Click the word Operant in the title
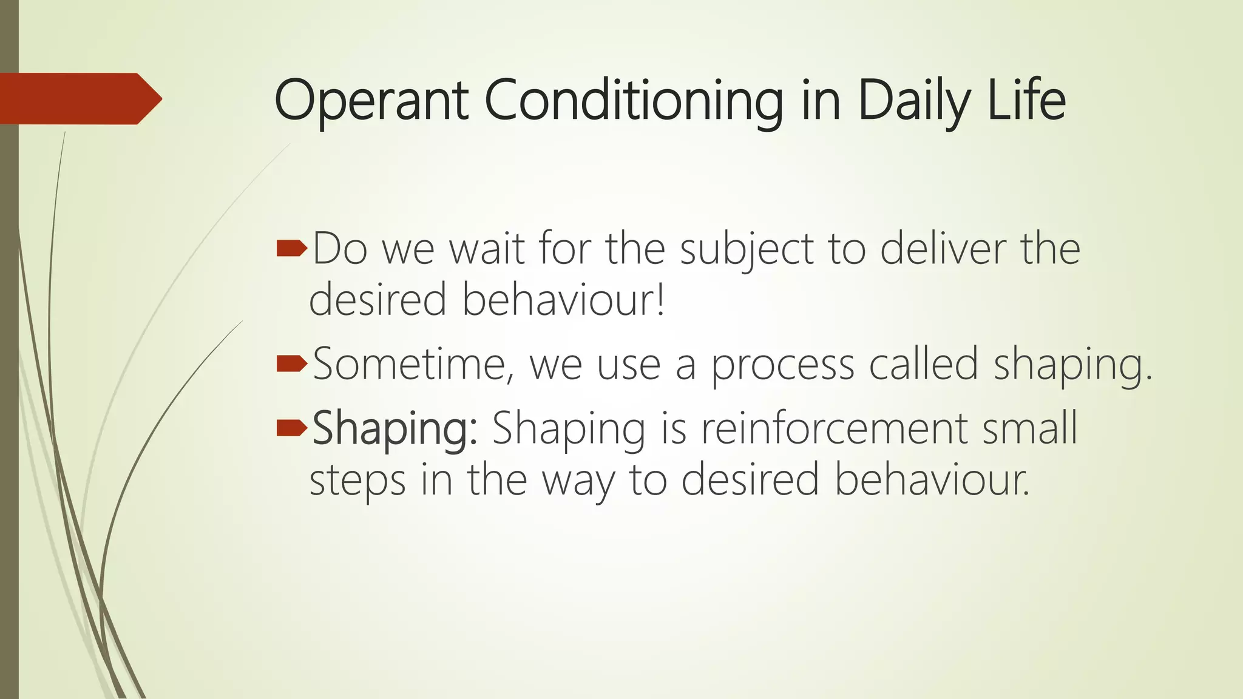371,101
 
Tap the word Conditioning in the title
634,101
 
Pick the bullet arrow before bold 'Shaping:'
291,428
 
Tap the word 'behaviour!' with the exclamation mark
563,299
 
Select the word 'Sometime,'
413,364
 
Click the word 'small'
1029,428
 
